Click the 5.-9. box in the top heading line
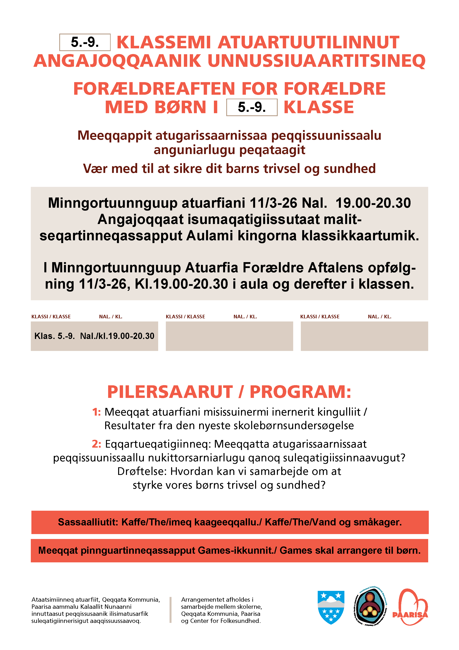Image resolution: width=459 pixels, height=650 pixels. pos(85,42)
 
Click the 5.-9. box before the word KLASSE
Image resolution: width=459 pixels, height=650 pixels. pos(252,107)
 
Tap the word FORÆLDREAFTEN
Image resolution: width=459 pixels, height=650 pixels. pos(154,89)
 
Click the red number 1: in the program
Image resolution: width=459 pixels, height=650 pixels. pos(96,412)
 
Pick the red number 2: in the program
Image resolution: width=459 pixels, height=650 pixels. pos(96,444)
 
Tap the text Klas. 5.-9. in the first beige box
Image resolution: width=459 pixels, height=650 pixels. pos(55,336)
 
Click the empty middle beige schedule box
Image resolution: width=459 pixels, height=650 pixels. pos(229,336)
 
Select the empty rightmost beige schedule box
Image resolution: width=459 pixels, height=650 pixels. pos(364,336)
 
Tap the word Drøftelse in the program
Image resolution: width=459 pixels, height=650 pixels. pos(142,471)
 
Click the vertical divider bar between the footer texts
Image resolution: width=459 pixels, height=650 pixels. pos(171,610)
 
